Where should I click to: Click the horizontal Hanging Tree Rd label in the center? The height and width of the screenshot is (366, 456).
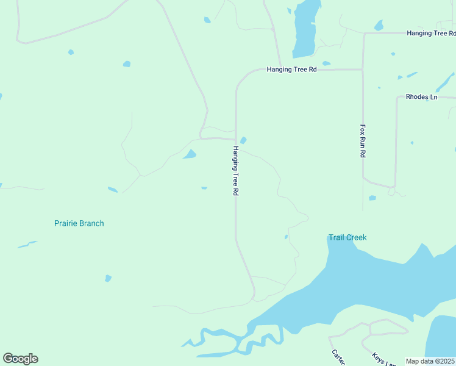coord(291,70)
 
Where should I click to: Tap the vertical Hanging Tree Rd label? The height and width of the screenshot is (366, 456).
coord(235,170)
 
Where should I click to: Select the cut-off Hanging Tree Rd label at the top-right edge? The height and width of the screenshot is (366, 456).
coord(430,33)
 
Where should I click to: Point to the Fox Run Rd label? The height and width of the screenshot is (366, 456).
coord(362,142)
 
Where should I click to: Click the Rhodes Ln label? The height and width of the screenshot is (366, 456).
coord(422,97)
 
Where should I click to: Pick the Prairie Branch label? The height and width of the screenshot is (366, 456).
coord(79,223)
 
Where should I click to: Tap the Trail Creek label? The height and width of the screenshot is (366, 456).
coord(347,237)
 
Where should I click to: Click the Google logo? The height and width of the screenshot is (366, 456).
coord(20,359)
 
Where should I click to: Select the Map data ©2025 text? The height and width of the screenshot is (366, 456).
coord(430,361)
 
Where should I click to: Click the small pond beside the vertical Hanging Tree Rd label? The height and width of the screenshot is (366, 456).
coord(243,140)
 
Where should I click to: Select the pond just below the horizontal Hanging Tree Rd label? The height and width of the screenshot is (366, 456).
coord(326,63)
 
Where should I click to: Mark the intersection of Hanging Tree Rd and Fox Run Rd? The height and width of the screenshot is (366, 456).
coord(363,70)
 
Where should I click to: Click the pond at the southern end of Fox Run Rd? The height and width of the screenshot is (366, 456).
coord(372,198)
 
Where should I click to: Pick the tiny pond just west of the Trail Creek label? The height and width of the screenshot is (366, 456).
coord(286,237)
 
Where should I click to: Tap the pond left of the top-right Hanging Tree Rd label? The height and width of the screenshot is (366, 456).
coord(379,26)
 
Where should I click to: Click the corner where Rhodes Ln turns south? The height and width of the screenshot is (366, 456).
coord(397,98)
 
